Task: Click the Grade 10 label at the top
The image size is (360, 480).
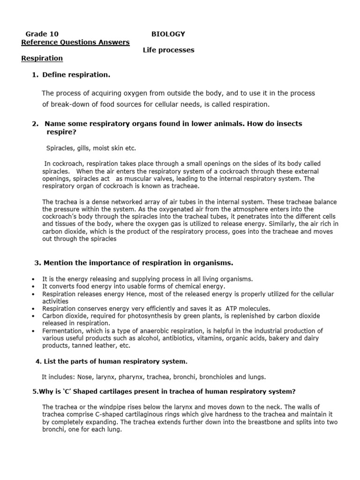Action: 42,34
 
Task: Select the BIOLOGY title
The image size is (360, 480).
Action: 168,34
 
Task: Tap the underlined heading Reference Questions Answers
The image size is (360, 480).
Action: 75,42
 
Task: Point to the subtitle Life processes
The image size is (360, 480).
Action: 168,50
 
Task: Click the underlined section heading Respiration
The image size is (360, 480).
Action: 42,59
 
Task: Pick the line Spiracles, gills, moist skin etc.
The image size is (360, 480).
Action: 91,148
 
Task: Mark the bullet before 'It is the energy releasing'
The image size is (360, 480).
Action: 34,279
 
